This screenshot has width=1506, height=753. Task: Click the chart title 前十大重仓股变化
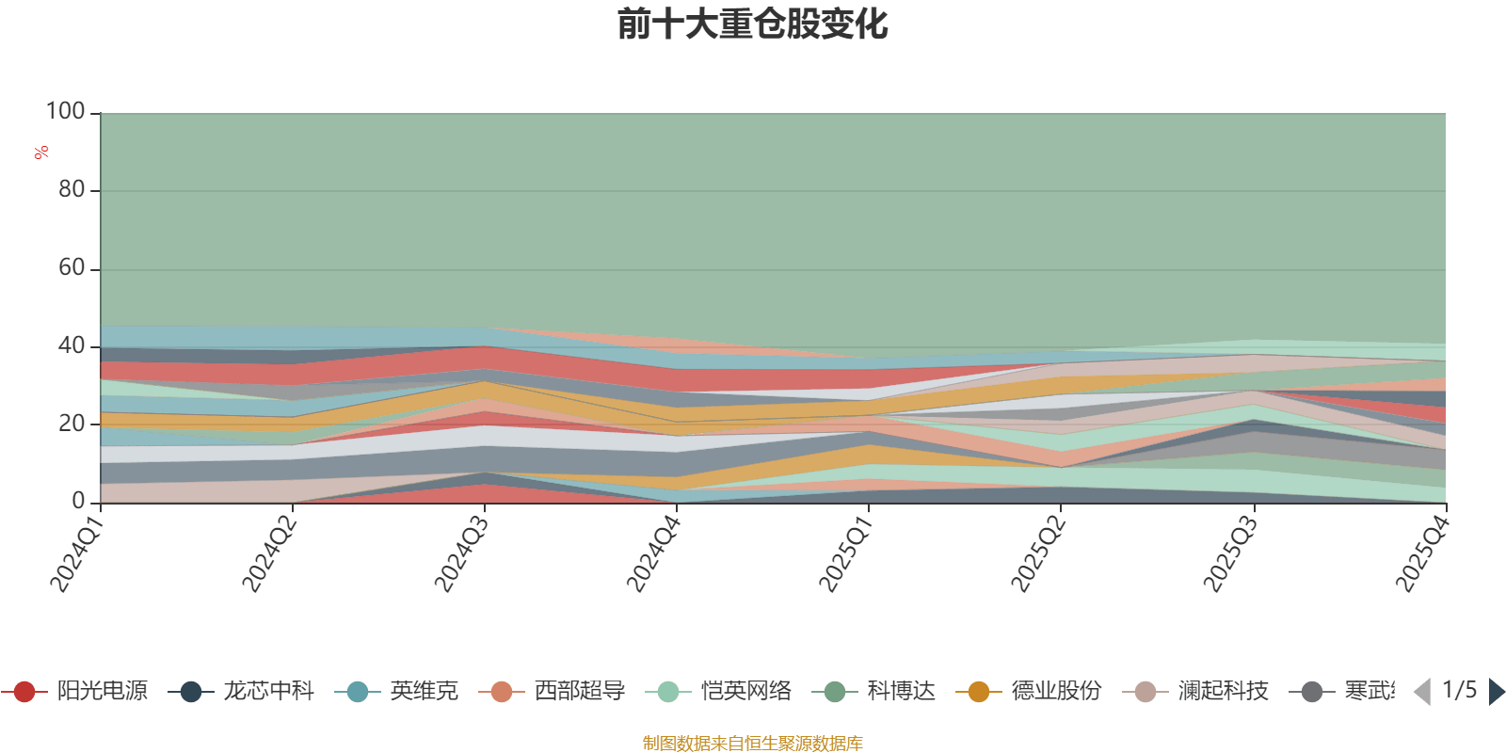[x=753, y=24]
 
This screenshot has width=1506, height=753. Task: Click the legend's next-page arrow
[x=1496, y=692]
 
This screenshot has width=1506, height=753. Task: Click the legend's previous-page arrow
[x=1422, y=692]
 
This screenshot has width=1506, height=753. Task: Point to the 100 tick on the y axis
[x=66, y=112]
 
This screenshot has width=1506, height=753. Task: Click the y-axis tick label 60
[x=72, y=268]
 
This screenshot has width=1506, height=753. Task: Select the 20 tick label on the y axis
[x=72, y=424]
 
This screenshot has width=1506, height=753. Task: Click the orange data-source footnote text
[x=752, y=744]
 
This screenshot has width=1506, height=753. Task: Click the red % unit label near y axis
[x=40, y=152]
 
